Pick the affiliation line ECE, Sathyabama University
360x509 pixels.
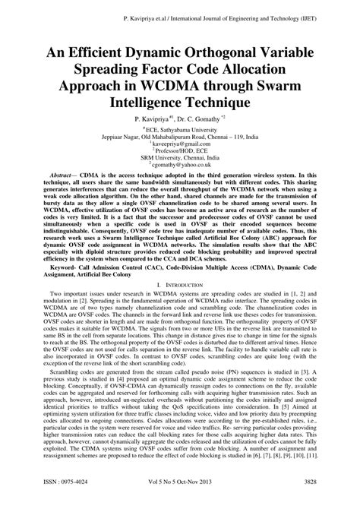(181, 129)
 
